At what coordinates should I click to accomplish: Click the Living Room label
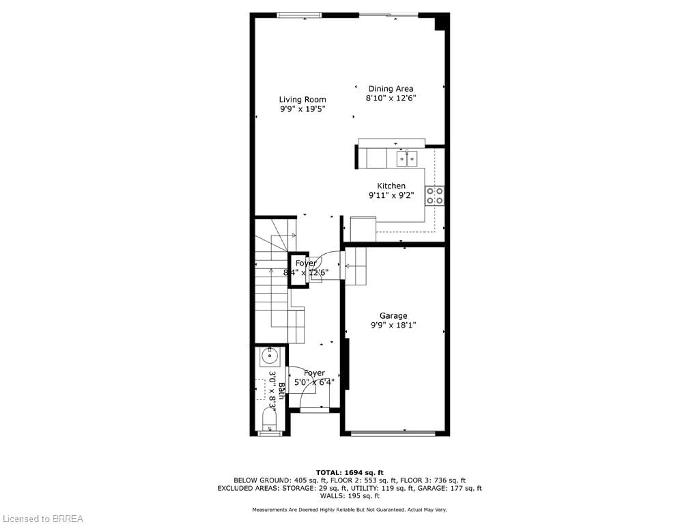pos(302,100)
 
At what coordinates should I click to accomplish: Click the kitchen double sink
pos(407,159)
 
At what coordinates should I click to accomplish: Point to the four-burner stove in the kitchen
pos(435,196)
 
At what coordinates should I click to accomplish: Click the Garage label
pos(393,315)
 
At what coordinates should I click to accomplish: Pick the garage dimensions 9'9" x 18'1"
pos(393,325)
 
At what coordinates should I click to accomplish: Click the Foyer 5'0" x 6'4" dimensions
pos(314,382)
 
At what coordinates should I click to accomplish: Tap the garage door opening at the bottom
pos(393,434)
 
